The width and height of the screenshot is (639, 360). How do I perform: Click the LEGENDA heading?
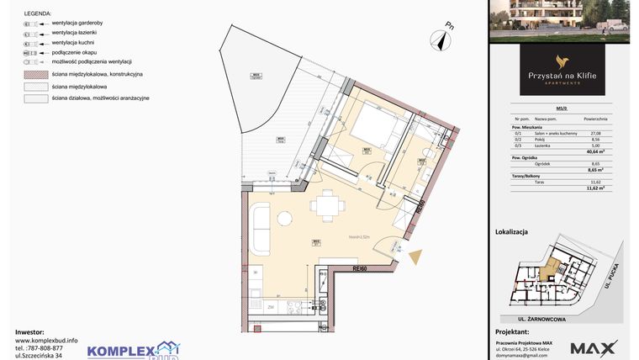[x=33, y=15]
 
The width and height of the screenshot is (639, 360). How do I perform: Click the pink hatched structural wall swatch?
[x=34, y=74]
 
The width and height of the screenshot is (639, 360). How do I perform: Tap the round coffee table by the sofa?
[x=284, y=219]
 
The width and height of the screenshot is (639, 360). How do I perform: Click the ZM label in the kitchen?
[x=271, y=308]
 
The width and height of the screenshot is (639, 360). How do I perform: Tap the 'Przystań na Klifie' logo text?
[x=562, y=76]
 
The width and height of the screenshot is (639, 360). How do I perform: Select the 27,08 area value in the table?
[x=594, y=132]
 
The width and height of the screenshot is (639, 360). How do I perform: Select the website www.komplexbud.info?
[x=46, y=339]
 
